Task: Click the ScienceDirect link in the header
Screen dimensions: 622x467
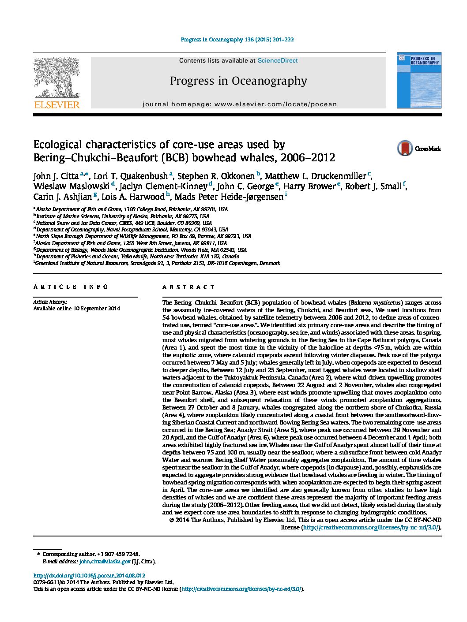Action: pyautogui.click(x=277, y=61)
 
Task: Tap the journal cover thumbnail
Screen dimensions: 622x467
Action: pyautogui.click(x=418, y=80)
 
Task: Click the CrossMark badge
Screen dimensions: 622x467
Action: pyautogui.click(x=418, y=149)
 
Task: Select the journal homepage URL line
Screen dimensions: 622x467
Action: pyautogui.click(x=240, y=104)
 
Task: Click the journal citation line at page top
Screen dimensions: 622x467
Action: pyautogui.click(x=237, y=40)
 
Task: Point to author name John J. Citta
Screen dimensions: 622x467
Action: pyautogui.click(x=56, y=176)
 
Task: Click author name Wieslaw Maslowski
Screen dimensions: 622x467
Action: pyautogui.click(x=71, y=186)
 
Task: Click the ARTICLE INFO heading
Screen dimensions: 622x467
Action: pyautogui.click(x=71, y=287)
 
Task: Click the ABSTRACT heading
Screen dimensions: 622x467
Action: pyautogui.click(x=188, y=287)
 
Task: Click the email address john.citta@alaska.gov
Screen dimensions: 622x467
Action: pyautogui.click(x=105, y=562)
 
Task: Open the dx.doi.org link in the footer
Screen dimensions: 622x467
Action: pyautogui.click(x=89, y=576)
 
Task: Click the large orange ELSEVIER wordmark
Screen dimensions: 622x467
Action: pyautogui.click(x=57, y=105)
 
